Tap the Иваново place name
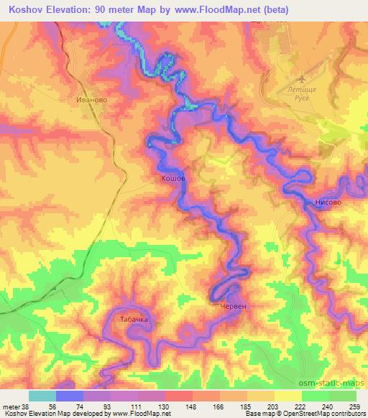point(91,101)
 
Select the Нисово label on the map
point(328,203)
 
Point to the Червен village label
point(232,306)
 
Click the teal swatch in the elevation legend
point(42,396)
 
